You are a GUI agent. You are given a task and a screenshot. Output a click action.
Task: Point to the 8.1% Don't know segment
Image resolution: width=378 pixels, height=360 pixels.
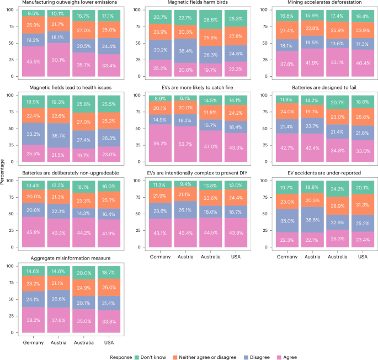pyautogui.click(x=188, y=98)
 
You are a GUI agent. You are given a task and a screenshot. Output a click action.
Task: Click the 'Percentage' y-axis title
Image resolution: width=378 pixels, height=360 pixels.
pyautogui.click(x=4, y=179)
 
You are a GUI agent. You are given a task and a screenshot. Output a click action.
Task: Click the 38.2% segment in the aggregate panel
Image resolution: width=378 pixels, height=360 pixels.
pyautogui.click(x=35, y=321)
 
